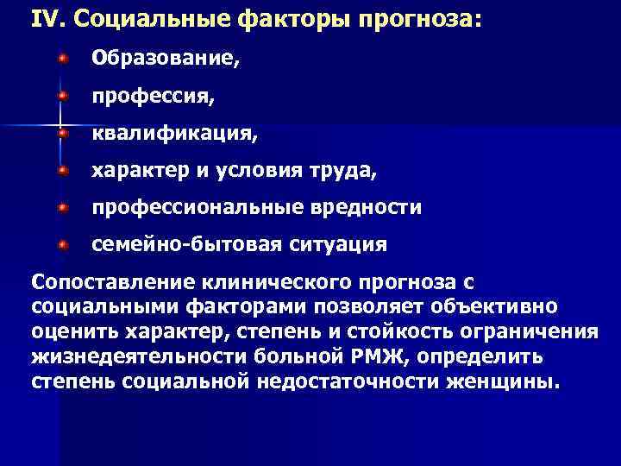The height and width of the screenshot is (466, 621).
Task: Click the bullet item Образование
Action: (x=166, y=60)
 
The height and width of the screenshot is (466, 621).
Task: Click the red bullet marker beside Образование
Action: (x=62, y=58)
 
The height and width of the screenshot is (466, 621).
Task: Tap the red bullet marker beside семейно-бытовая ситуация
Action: (x=62, y=244)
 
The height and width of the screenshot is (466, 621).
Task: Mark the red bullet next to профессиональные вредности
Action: (x=62, y=207)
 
